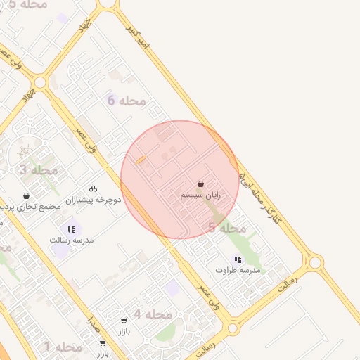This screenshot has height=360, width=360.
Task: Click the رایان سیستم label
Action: click(201, 195)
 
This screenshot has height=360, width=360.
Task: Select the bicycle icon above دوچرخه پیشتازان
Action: click(93, 188)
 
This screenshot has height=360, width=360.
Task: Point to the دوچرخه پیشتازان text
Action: click(93, 200)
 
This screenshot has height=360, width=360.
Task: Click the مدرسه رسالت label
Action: click(71, 240)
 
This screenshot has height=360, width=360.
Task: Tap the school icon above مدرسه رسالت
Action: click(71, 229)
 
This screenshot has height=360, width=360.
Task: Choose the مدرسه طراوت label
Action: click(238, 270)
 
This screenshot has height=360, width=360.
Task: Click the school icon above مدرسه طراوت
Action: click(238, 259)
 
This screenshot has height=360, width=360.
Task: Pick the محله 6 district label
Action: click(127, 101)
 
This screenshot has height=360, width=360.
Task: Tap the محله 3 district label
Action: click(39, 169)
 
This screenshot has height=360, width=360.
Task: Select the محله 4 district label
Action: click(153, 314)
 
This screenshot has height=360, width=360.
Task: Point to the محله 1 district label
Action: click(64, 347)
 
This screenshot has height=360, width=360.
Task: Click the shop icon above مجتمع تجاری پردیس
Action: click(27, 195)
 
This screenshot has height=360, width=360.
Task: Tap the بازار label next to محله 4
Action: click(124, 330)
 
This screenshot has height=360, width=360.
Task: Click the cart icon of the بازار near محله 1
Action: click(103, 343)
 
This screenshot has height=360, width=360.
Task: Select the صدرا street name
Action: click(92, 325)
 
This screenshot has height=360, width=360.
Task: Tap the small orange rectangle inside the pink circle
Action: click(141, 161)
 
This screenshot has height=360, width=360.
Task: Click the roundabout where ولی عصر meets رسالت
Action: click(233, 328)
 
